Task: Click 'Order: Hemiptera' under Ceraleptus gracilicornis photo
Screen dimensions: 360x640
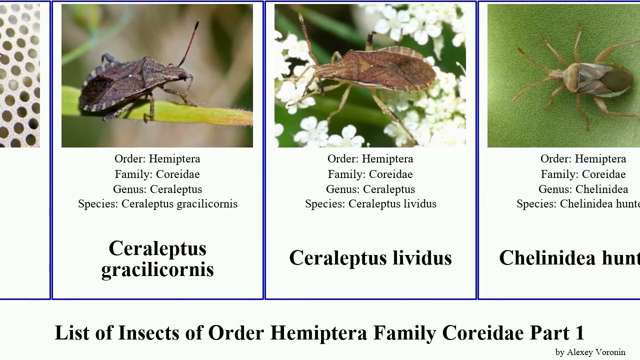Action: pos(157,159)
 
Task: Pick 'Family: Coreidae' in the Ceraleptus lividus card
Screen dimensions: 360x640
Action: pos(370,174)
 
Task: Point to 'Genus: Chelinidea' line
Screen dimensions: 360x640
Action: pos(583,189)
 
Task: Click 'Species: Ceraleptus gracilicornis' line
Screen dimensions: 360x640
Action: pos(157,204)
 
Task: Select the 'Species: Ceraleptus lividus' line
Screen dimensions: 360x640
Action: pos(370,204)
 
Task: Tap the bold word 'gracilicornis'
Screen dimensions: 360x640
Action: pos(157,269)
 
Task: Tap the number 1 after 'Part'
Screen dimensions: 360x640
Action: pos(579,333)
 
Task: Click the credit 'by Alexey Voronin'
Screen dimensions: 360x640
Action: pos(590,352)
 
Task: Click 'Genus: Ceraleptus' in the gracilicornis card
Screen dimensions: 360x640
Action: pos(157,189)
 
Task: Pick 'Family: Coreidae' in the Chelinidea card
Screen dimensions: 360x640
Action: pos(583,174)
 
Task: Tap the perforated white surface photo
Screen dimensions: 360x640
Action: pos(20,75)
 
